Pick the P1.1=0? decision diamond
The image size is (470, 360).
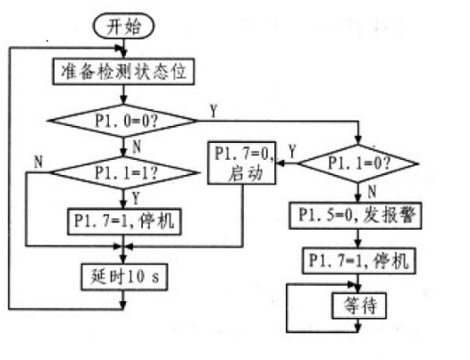point(357,163)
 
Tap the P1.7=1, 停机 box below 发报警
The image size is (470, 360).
point(357,260)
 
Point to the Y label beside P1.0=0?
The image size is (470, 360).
point(213,109)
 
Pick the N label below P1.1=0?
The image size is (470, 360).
point(370,189)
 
